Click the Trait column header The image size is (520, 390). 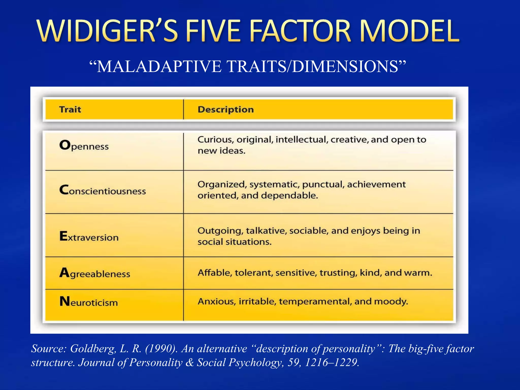coord(70,109)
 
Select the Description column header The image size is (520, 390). coord(226,109)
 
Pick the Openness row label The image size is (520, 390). coord(84,145)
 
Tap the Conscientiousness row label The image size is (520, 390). coord(103,190)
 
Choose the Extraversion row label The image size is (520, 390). coord(89,236)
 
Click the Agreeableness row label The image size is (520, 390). coord(95,273)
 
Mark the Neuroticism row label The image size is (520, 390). coord(89,302)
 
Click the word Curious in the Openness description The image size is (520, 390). coord(216,140)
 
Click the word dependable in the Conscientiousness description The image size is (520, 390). coord(289,196)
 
